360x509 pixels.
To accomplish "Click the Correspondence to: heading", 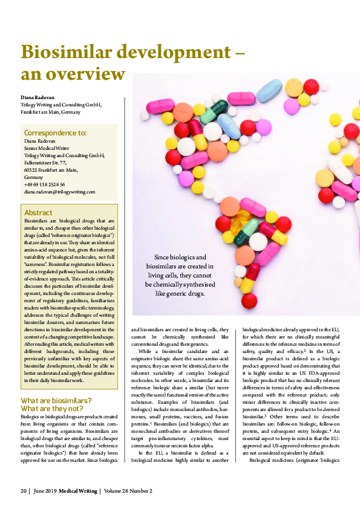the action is (54, 132).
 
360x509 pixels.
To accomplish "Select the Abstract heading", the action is (38, 213).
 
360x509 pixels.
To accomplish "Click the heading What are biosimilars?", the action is (56, 401).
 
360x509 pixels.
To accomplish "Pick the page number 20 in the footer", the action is (24, 490).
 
